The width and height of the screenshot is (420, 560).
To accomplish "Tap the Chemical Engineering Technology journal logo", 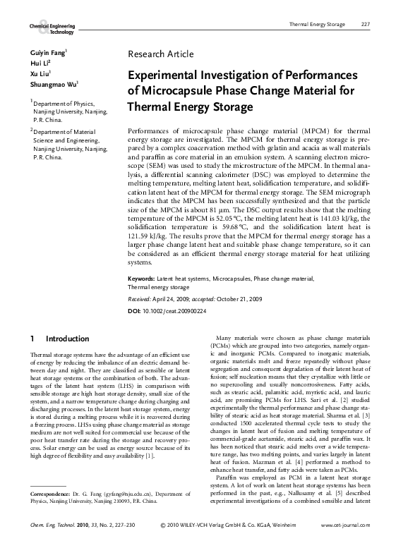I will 52,28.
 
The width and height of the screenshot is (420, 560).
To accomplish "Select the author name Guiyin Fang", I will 48,53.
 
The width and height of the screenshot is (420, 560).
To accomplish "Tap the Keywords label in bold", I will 143,279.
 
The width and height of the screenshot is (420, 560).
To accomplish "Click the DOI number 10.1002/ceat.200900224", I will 176,310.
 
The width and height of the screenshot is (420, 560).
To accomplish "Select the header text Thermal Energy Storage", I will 318,25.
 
